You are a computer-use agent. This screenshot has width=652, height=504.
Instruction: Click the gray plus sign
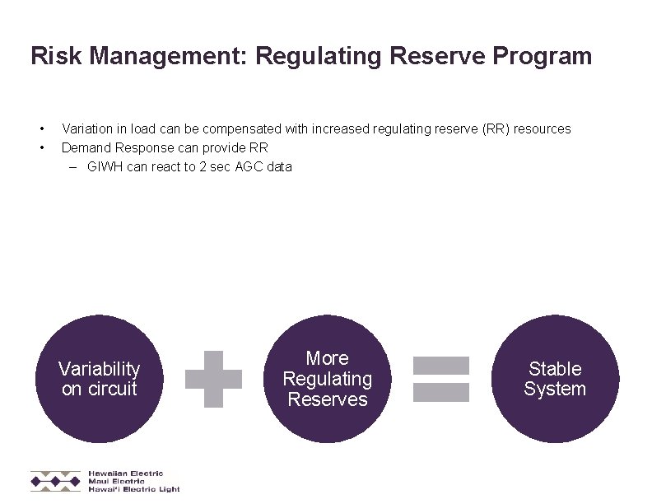pos(214,379)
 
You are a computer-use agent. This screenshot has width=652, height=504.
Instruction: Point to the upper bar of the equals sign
pos(440,365)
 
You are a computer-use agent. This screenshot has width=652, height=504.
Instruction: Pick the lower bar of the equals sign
pos(440,392)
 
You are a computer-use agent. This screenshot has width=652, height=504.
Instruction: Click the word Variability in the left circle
pos(99,369)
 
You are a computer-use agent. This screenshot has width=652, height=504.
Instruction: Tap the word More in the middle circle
pos(327,358)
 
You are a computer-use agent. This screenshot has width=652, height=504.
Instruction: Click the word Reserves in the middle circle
pos(327,399)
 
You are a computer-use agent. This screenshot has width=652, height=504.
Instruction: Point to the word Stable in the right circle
pos(555,369)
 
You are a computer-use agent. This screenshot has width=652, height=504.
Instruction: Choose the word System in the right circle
pos(555,389)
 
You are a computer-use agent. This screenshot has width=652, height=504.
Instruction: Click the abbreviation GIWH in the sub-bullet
pos(105,166)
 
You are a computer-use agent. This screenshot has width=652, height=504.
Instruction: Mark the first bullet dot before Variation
pos(40,128)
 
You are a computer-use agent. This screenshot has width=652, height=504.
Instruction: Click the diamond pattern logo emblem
pos(56,481)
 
